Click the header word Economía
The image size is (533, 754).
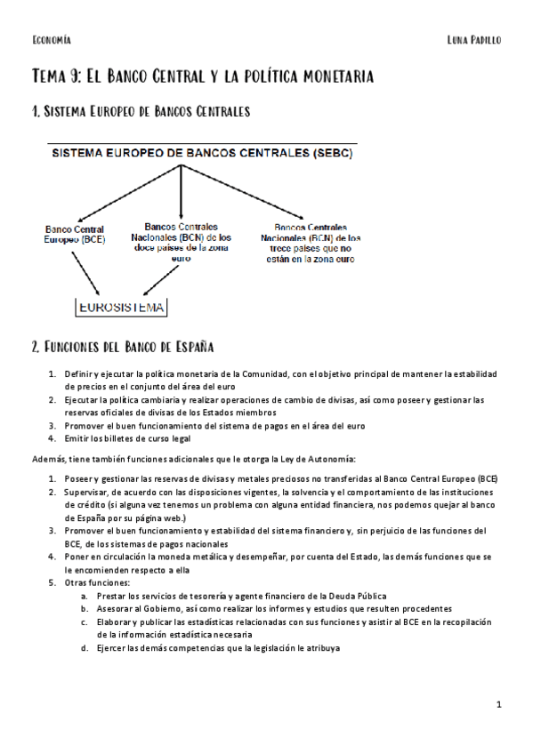click(51, 40)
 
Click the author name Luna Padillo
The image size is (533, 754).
click(475, 40)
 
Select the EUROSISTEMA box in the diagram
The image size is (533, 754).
click(122, 308)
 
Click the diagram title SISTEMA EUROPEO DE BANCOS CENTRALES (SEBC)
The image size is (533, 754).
click(201, 153)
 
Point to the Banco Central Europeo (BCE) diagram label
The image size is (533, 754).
click(76, 235)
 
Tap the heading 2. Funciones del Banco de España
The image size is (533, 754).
click(122, 346)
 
